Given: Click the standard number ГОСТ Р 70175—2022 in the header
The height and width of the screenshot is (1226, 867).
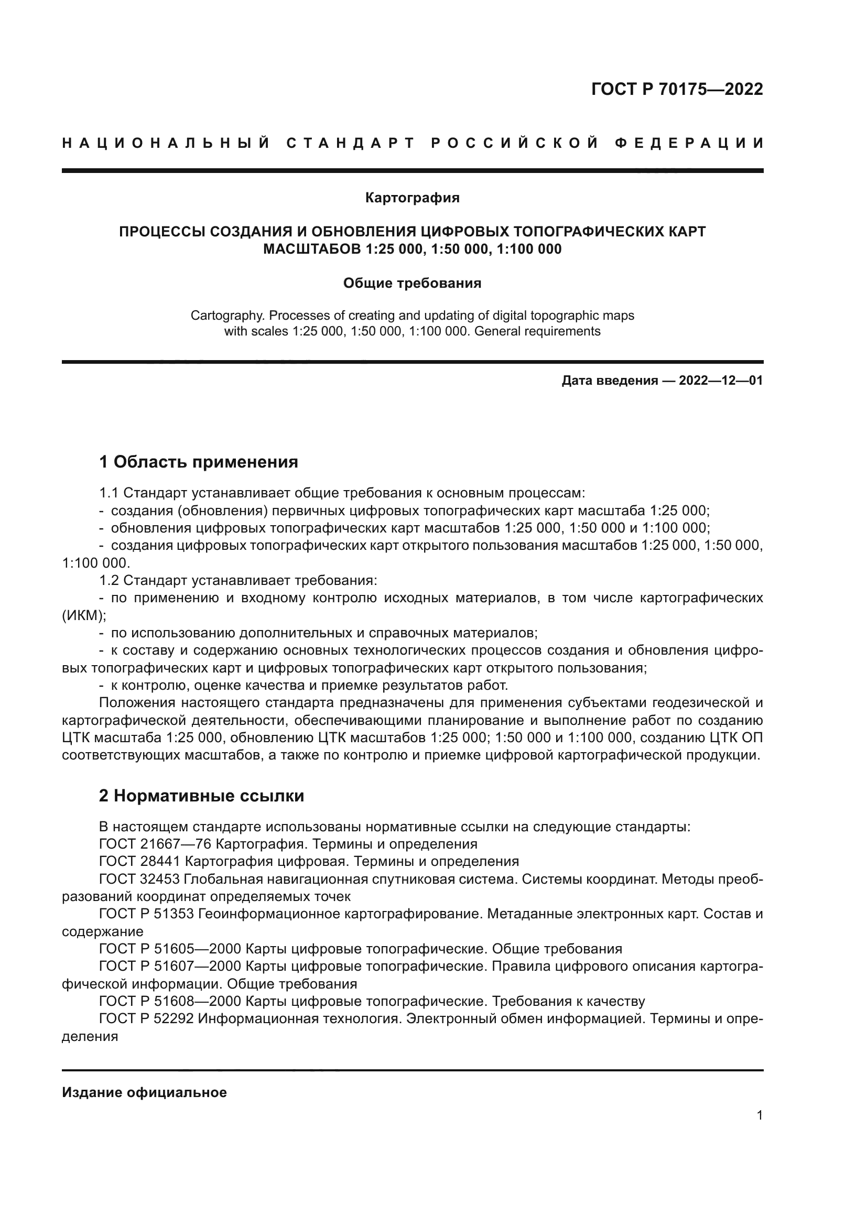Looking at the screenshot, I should (x=677, y=89).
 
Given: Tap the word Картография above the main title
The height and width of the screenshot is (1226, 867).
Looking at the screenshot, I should (x=412, y=198).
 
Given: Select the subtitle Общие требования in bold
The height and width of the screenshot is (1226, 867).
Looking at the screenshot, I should (x=412, y=284).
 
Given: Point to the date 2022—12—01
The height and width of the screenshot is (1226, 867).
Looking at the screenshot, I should (x=721, y=381).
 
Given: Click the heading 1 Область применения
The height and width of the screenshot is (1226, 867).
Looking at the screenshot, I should (x=199, y=461).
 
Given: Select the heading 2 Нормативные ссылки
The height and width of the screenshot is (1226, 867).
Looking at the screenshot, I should (x=201, y=796).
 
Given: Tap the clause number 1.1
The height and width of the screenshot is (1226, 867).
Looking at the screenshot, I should (x=109, y=493).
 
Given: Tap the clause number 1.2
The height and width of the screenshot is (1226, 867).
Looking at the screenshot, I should (x=109, y=580).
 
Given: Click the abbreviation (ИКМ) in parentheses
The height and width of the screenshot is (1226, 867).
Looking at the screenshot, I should (x=84, y=615).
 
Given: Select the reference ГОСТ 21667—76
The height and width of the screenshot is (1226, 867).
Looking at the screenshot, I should (x=155, y=844).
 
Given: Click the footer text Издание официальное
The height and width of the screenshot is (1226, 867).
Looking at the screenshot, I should (x=144, y=1092).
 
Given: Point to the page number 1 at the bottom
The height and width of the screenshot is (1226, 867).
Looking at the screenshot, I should (x=759, y=1115).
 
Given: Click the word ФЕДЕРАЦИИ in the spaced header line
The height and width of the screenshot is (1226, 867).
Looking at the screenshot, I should (x=689, y=143).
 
